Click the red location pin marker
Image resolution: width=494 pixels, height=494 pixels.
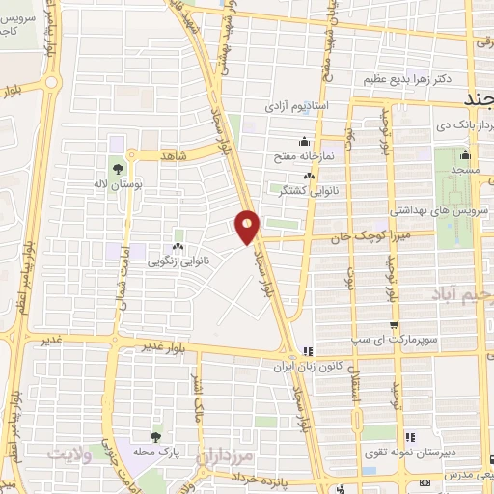248,226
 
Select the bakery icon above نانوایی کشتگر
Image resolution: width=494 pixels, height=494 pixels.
309,177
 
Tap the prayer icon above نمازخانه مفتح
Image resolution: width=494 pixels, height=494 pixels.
305,139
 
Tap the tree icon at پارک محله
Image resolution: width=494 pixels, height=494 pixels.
155,438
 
